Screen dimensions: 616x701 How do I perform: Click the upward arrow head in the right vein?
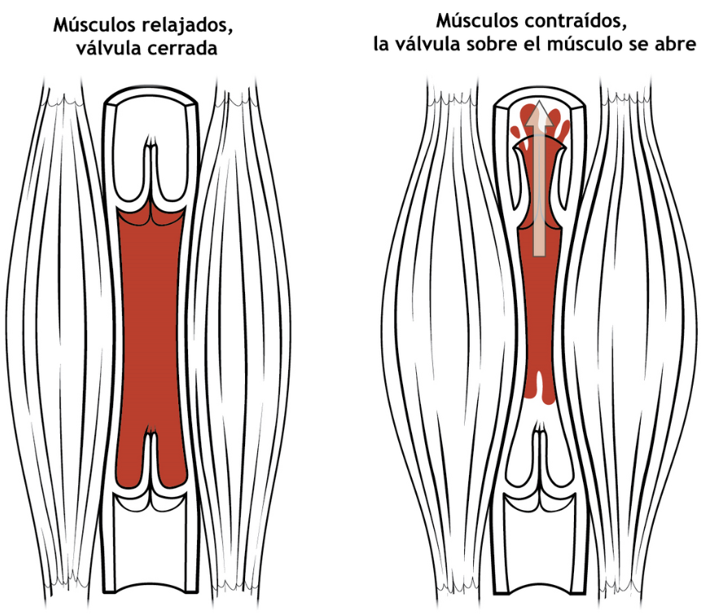pos(535,112)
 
